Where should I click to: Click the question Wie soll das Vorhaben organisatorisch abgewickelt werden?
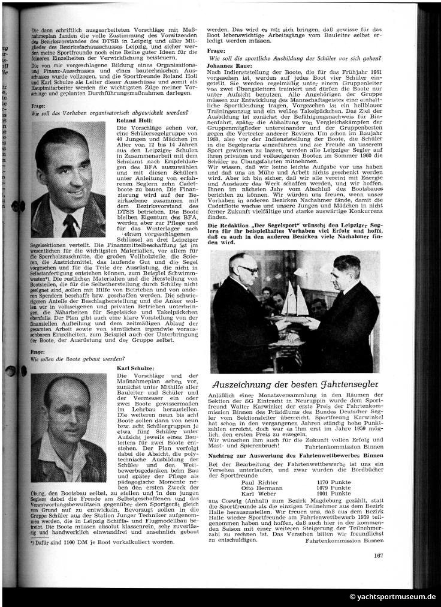click(97, 112)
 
